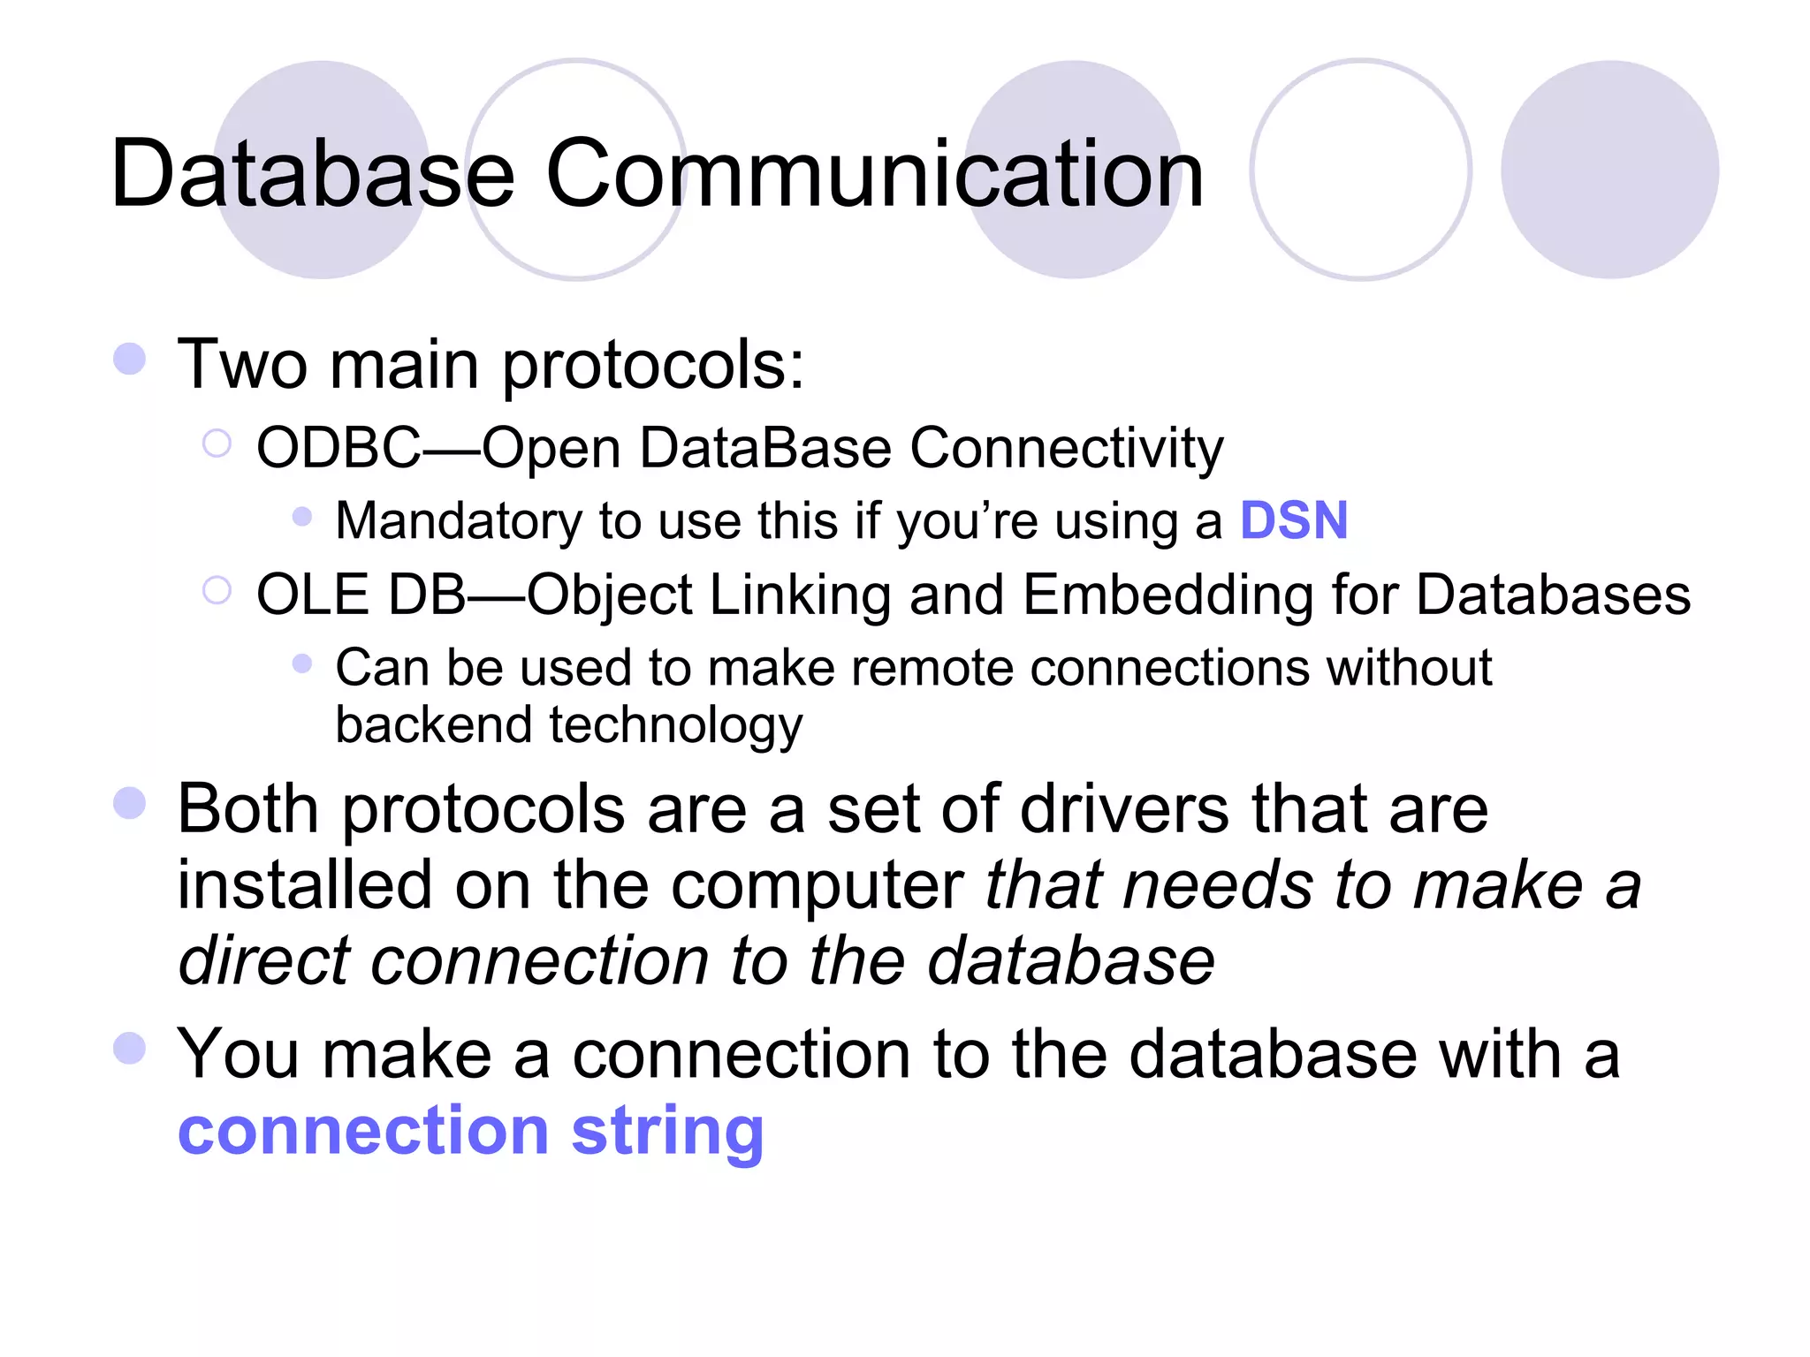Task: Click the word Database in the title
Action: (312, 174)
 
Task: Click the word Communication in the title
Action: (874, 174)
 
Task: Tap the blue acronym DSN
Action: (1294, 520)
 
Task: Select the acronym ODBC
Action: (338, 448)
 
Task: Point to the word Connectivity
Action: (1066, 448)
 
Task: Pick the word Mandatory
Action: (459, 520)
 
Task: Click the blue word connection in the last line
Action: (364, 1132)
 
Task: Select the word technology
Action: (676, 725)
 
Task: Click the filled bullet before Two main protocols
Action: (130, 359)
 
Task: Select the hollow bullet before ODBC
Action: (217, 443)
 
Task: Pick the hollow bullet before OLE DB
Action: (217, 589)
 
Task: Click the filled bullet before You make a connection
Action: (130, 1049)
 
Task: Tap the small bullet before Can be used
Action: (302, 663)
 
